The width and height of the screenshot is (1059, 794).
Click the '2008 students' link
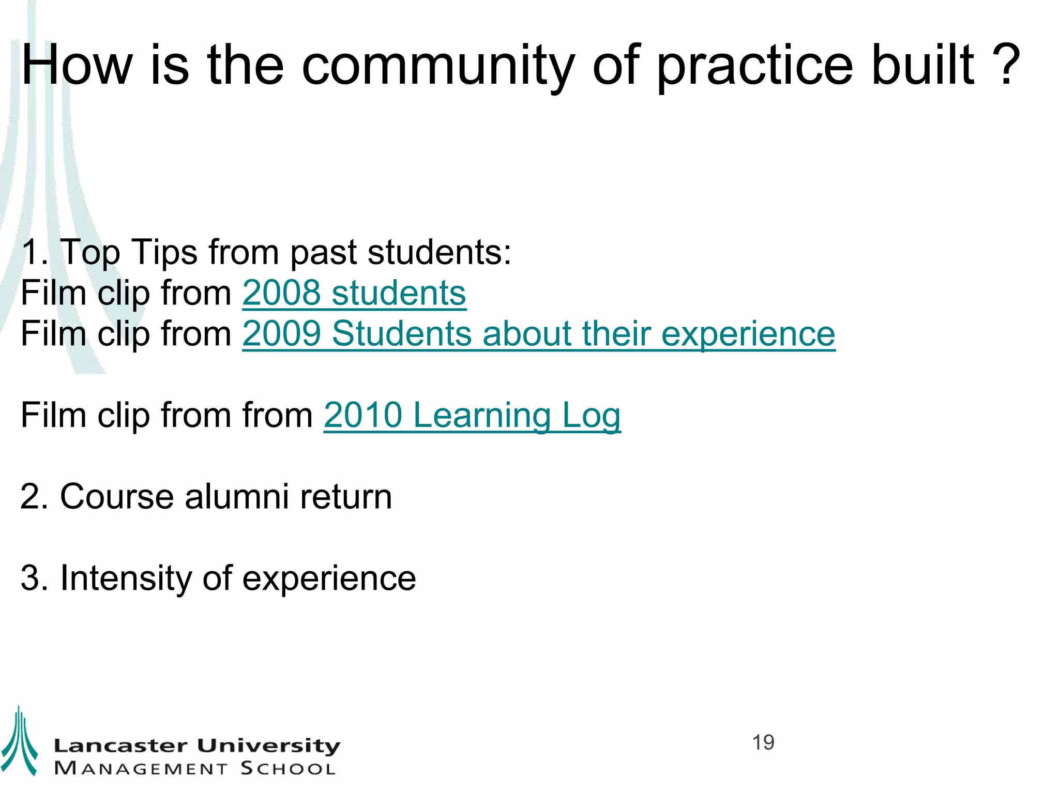(354, 293)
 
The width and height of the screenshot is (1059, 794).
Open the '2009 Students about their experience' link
(538, 334)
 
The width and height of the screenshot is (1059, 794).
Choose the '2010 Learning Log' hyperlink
(472, 415)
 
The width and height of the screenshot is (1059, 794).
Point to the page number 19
(763, 743)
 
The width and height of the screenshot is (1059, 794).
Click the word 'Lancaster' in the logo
(120, 746)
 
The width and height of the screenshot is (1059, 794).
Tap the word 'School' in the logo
(288, 769)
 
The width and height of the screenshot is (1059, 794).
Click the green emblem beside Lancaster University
(19, 742)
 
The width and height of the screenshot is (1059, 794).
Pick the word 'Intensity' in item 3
(126, 578)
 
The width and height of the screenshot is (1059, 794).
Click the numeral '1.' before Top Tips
(34, 253)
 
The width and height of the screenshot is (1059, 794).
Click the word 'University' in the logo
(268, 746)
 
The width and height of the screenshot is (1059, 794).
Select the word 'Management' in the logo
(141, 769)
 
